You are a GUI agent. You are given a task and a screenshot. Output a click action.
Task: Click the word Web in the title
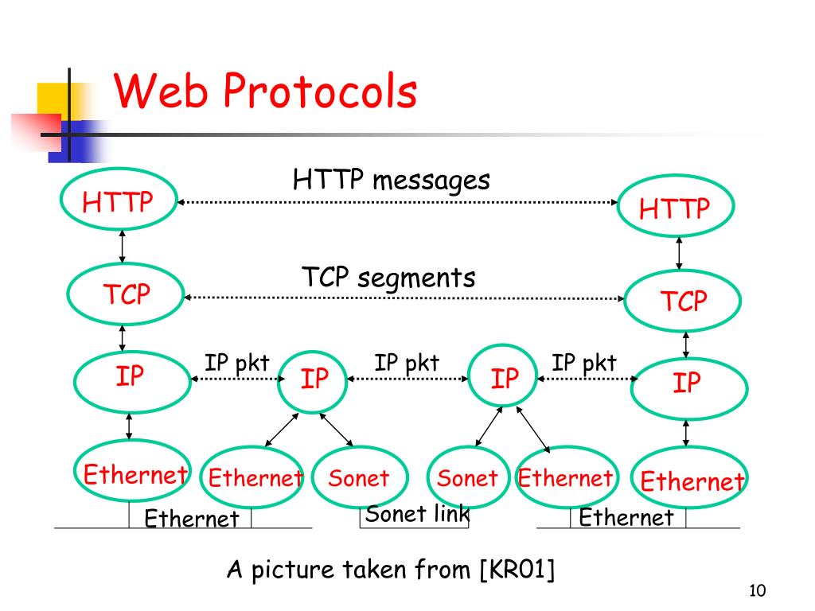click(161, 91)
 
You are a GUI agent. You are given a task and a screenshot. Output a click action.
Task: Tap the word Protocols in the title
click(320, 91)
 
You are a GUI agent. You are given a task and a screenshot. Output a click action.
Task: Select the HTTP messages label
click(392, 181)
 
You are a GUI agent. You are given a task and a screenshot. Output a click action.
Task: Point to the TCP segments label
click(388, 277)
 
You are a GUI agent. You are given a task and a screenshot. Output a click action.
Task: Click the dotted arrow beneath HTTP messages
click(398, 202)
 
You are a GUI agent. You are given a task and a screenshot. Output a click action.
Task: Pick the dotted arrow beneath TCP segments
click(404, 298)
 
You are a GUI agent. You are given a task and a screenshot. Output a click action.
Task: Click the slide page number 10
click(758, 591)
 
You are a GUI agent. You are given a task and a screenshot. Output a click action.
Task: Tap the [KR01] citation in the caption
click(517, 570)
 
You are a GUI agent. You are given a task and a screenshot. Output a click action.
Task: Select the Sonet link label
click(417, 514)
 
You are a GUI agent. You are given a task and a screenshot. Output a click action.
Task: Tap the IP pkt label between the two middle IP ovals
click(407, 363)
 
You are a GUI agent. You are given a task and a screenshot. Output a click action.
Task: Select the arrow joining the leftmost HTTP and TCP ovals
click(122, 247)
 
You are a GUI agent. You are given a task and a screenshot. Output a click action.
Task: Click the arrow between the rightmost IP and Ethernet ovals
click(686, 434)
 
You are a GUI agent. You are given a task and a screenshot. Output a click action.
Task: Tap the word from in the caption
click(443, 570)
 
